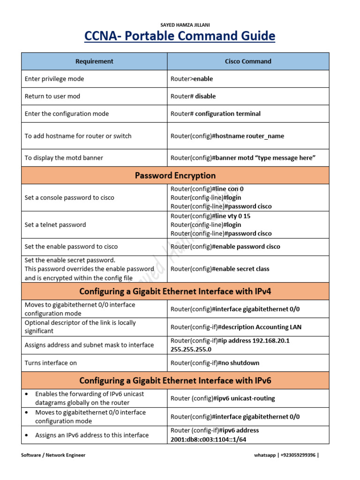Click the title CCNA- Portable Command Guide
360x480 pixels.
point(180,36)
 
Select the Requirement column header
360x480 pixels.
point(94,61)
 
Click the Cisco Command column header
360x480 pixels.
point(248,61)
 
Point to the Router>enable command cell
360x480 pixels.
point(192,79)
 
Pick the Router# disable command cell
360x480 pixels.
point(193,96)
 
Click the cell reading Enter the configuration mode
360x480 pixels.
point(67,113)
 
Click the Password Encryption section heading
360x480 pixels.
point(175,176)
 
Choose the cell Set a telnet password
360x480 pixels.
point(55,225)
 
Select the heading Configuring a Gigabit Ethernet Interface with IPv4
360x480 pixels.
point(175,292)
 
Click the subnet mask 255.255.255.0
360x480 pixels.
point(191,349)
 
